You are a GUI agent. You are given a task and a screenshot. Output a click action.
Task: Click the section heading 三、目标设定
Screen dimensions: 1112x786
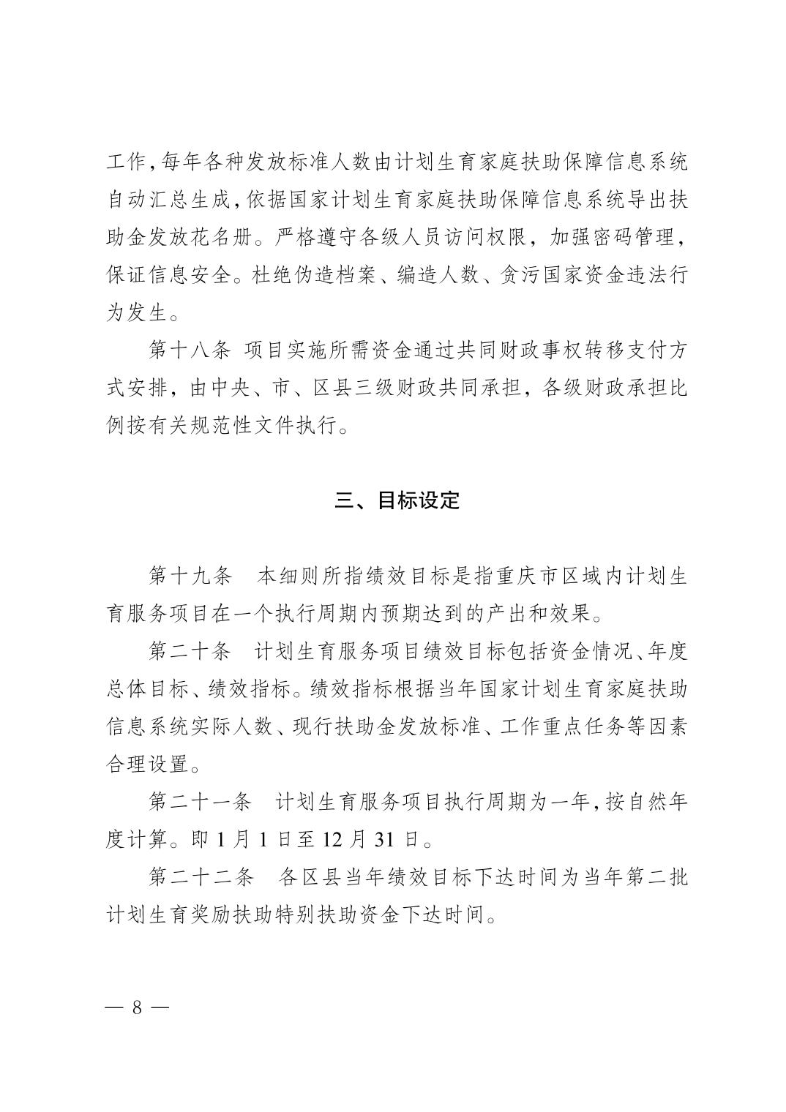pyautogui.click(x=397, y=501)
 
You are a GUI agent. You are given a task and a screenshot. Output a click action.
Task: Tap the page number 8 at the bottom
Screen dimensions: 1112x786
pyautogui.click(x=137, y=1007)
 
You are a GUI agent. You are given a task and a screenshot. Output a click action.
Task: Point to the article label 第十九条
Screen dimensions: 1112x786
pyautogui.click(x=190, y=576)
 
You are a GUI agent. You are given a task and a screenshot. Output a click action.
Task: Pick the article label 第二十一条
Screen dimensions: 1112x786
pyautogui.click(x=201, y=802)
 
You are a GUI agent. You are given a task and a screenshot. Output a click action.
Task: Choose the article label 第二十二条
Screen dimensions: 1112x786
pyautogui.click(x=201, y=877)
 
